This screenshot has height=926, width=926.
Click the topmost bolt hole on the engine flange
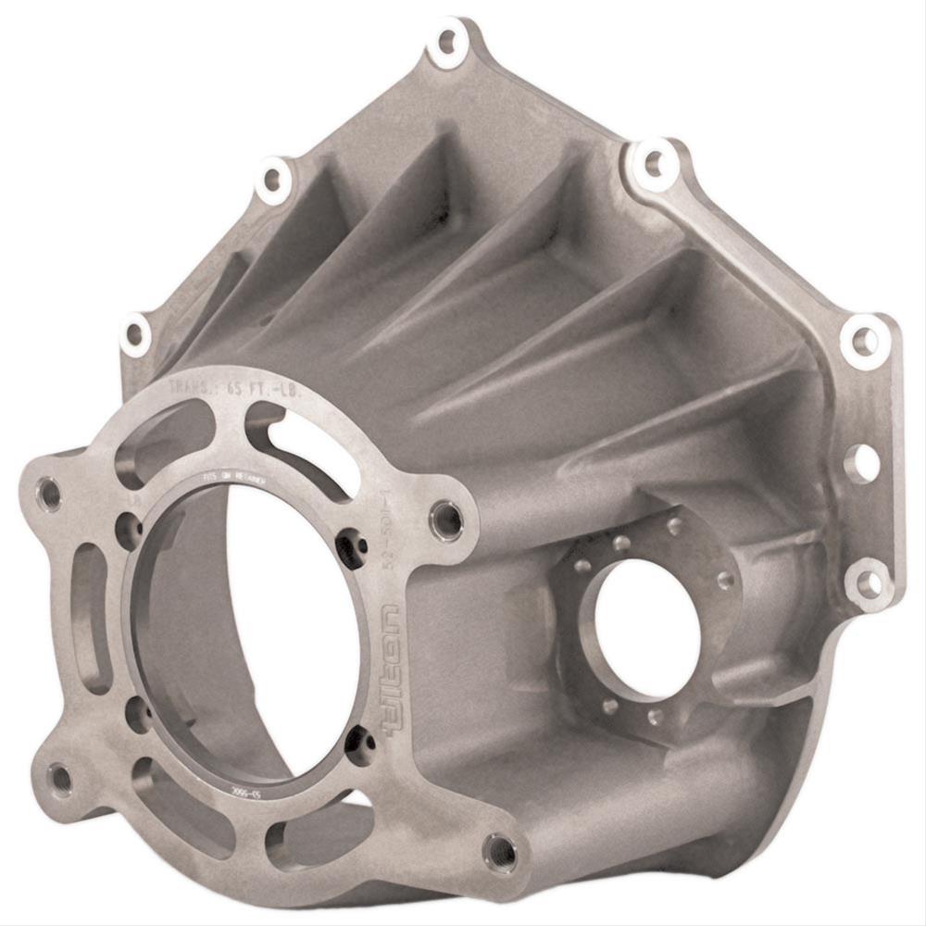click(447, 41)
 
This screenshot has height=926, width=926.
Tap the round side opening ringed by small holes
click(646, 629)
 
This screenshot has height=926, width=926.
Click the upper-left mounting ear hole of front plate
click(48, 493)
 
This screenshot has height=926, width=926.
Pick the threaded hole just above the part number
click(446, 519)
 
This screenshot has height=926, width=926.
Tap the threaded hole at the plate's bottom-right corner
click(500, 850)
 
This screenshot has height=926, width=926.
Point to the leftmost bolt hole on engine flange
click(135, 334)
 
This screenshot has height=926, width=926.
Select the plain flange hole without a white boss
click(862, 462)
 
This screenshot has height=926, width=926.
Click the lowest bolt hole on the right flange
click(868, 583)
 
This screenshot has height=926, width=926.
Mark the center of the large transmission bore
click(245, 630)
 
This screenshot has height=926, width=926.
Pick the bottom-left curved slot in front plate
click(167, 806)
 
